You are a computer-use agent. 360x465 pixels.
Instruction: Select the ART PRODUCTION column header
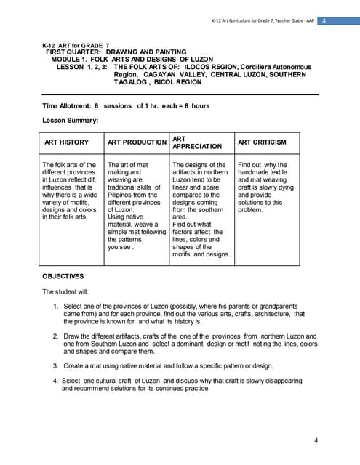[137, 142]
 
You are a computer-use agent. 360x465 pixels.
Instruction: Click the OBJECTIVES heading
[63, 276]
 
